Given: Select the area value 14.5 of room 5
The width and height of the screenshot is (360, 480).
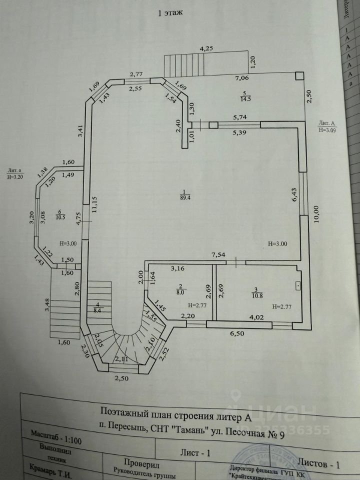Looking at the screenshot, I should click(244, 99).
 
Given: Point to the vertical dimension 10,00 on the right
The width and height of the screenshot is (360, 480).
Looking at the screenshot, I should click(316, 216).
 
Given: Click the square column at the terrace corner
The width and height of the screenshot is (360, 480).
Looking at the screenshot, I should click(299, 75).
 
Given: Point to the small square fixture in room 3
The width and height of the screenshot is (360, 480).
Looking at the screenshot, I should click(297, 285).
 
